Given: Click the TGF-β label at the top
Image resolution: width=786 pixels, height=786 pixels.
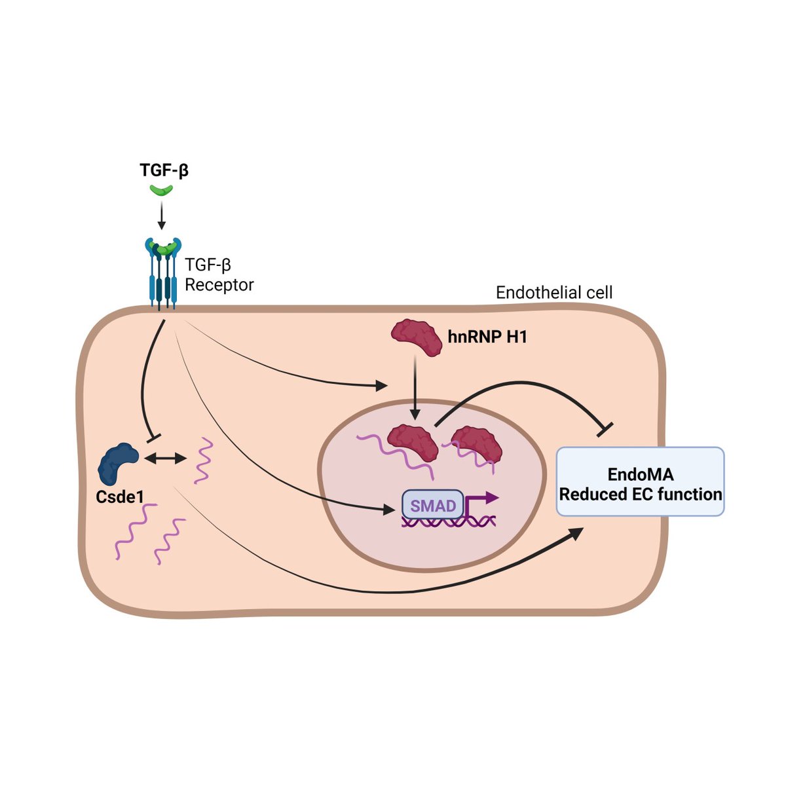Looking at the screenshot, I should coord(164,170).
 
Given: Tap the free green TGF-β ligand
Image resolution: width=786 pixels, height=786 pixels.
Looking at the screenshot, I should coord(161,190).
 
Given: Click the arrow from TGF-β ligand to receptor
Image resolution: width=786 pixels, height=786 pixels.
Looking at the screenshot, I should coord(162,215).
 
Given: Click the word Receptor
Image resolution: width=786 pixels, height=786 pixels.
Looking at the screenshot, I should coord(219,285).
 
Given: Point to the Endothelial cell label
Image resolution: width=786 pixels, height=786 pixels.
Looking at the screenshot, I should coord(554,292).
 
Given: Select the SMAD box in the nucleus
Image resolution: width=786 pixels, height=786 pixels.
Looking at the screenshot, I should coord(433,506).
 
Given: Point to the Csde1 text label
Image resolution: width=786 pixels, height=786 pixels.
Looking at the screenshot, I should coord(120,496).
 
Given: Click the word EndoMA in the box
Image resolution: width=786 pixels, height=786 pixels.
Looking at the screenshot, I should coord(640,474).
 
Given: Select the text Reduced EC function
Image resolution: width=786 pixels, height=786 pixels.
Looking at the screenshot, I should coord(640,494).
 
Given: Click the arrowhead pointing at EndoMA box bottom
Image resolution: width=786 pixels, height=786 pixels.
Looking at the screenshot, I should coord(576,531).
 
